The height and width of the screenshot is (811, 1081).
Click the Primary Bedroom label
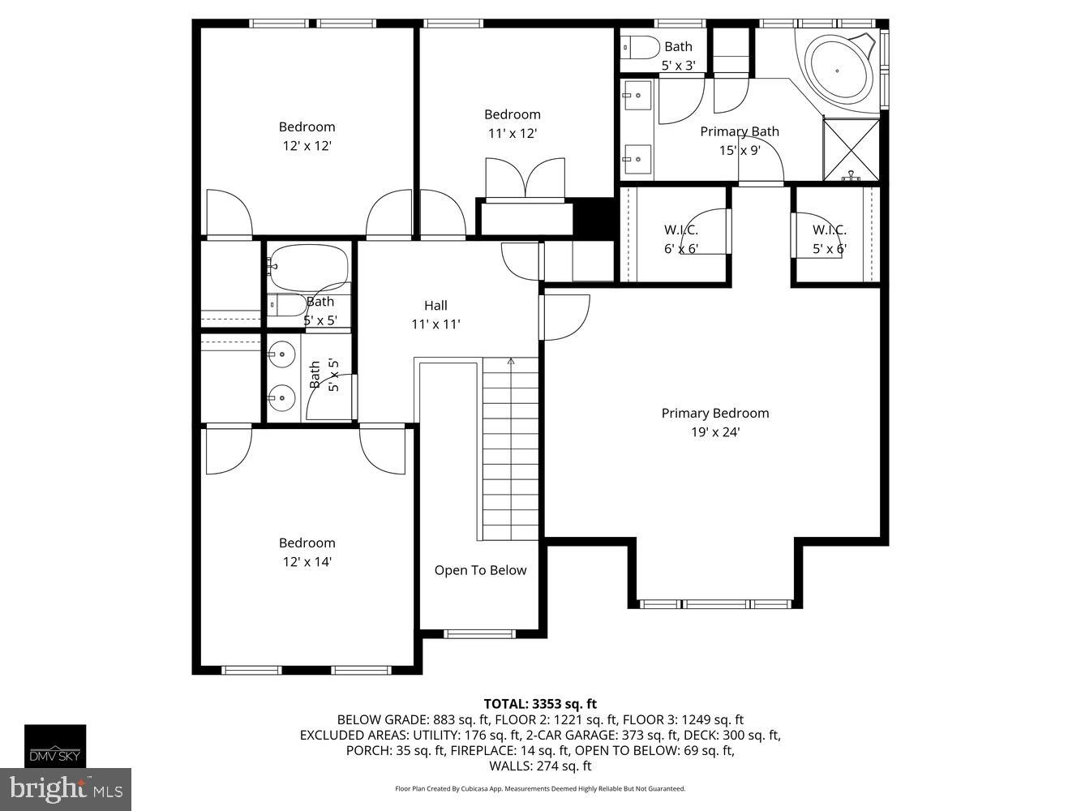point(714,413)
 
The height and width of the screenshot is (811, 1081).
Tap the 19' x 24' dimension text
point(714,432)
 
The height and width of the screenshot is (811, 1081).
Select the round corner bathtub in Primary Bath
point(840,70)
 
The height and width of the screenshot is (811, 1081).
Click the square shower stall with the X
point(852,149)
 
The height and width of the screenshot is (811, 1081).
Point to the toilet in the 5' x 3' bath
point(640,48)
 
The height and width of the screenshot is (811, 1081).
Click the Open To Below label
point(480,570)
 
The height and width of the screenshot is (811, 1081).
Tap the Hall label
point(435,305)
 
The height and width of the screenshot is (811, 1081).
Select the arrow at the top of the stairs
point(511,362)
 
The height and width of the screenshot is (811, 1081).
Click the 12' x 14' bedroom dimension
point(307,561)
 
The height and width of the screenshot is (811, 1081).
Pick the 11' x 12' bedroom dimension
point(512,133)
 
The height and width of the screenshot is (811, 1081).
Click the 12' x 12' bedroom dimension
point(307,145)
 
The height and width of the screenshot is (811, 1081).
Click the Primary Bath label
point(739,131)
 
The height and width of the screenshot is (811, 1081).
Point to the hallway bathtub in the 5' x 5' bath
point(309,267)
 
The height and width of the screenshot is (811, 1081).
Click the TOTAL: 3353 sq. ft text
point(540,704)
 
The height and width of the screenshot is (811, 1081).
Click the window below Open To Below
point(479,633)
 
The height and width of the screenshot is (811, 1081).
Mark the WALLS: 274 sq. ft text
point(540,766)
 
